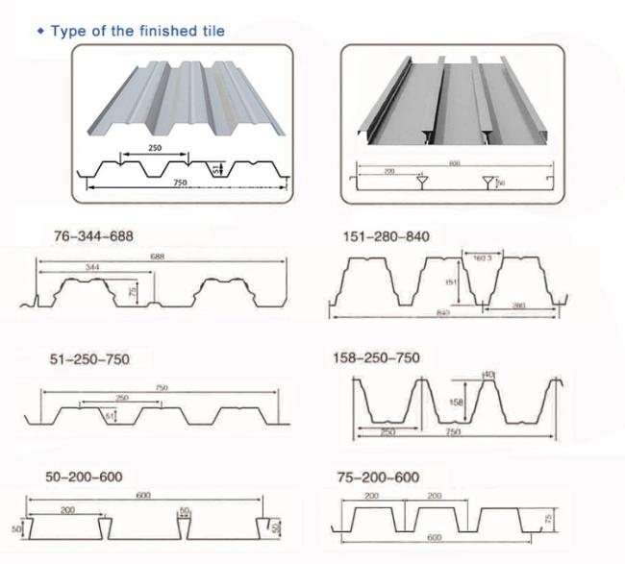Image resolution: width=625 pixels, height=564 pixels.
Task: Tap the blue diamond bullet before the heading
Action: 40,32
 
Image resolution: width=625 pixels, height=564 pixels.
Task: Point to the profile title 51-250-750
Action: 88,358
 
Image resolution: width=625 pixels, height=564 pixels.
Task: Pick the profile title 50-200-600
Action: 84,478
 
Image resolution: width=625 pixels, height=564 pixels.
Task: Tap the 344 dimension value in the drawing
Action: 92,265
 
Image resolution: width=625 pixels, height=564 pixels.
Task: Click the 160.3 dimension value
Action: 484,257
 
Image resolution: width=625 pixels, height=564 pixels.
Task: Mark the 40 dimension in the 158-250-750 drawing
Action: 488,375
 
